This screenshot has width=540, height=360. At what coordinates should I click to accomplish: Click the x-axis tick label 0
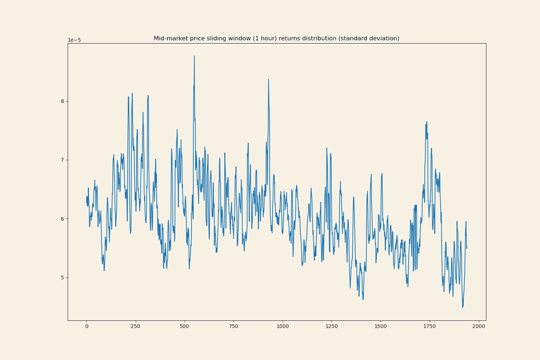click(86, 327)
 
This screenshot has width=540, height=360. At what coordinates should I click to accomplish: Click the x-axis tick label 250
click(135, 327)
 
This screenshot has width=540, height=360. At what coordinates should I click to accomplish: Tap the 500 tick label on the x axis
click(184, 327)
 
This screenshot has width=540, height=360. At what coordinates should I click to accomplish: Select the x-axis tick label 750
click(234, 327)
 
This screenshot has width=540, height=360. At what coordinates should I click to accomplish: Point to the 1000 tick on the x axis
click(283, 327)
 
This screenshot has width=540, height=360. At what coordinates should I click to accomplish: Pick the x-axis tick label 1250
click(332, 327)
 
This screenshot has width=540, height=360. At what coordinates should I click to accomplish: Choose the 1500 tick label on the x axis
click(381, 327)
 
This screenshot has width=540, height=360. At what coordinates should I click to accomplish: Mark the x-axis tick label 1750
click(429, 327)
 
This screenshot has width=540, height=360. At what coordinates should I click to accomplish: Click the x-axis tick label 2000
click(478, 327)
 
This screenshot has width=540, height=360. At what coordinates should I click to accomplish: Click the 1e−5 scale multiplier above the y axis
click(75, 40)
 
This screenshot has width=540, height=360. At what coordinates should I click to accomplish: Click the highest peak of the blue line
click(194, 56)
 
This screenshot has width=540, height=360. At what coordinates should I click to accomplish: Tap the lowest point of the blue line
click(463, 307)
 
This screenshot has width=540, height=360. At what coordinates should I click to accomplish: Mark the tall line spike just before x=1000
click(268, 80)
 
